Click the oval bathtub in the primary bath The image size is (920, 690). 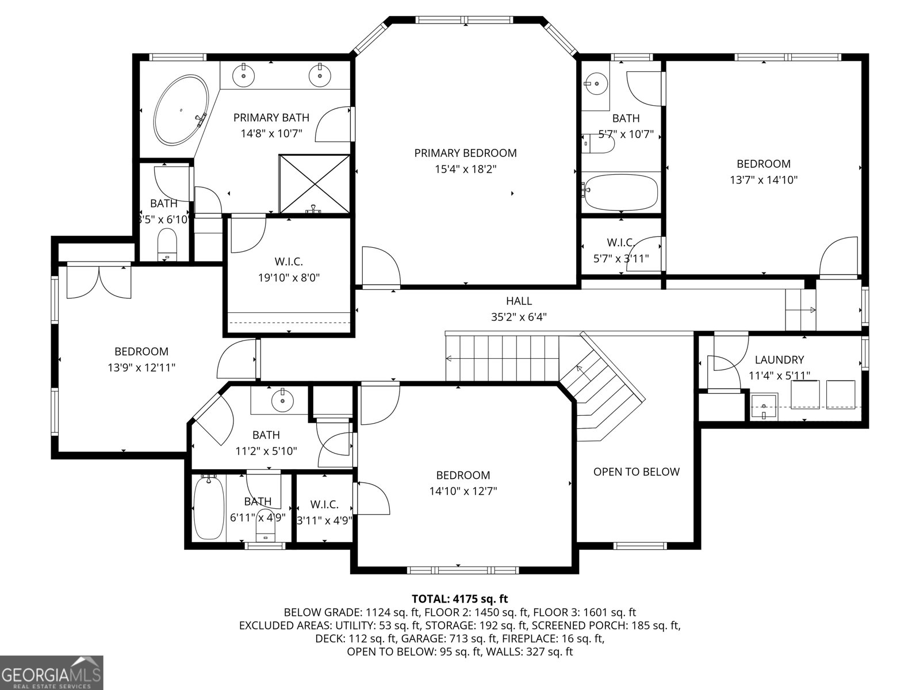pyautogui.click(x=181, y=110)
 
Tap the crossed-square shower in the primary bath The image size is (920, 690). pyautogui.click(x=315, y=184)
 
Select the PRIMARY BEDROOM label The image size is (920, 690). pyautogui.click(x=465, y=153)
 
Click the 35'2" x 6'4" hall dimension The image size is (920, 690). pyautogui.click(x=519, y=317)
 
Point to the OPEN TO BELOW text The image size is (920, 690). pyautogui.click(x=637, y=471)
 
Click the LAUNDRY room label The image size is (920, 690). pyautogui.click(x=779, y=359)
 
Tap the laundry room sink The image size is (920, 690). pyautogui.click(x=764, y=407)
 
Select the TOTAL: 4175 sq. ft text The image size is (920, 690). pyautogui.click(x=460, y=599)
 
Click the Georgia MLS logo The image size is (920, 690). pyautogui.click(x=51, y=672)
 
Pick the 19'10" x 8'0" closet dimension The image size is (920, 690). pyautogui.click(x=289, y=277)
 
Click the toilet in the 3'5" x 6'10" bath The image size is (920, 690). pyautogui.click(x=167, y=245)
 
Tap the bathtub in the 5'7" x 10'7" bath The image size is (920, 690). pyautogui.click(x=621, y=192)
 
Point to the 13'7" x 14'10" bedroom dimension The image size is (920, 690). pyautogui.click(x=764, y=180)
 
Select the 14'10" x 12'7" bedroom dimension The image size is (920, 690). pyautogui.click(x=463, y=490)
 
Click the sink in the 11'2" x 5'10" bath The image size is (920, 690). pyautogui.click(x=282, y=401)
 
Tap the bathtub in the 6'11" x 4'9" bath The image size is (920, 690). pyautogui.click(x=209, y=507)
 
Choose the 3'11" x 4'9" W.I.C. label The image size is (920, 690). pyautogui.click(x=324, y=512)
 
